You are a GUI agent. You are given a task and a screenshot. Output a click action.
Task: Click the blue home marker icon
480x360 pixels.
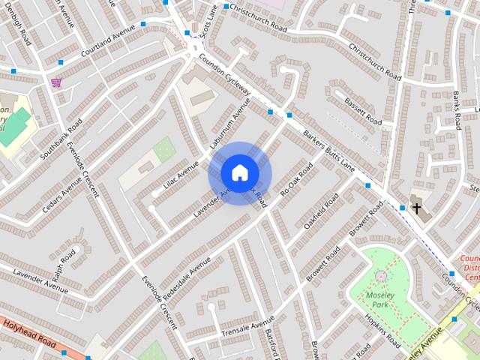(x=239, y=172)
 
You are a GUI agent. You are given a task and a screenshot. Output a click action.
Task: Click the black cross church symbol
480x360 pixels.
(x=416, y=208)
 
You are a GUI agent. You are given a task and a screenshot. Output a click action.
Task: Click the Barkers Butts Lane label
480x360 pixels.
(x=328, y=151)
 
